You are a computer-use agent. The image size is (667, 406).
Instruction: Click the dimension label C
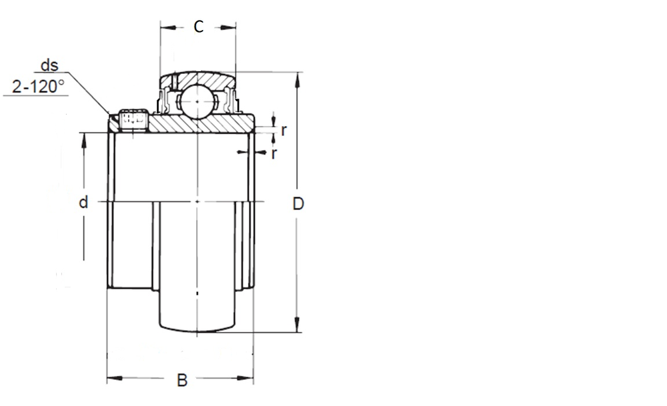pos(199,27)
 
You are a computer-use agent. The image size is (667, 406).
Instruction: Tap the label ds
pos(49,65)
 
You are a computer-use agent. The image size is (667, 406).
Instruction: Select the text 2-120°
pos(38,87)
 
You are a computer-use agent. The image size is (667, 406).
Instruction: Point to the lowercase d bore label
pos(83,203)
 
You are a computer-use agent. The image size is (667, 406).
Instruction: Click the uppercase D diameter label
pos(298,204)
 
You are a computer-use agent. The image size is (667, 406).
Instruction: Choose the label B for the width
pos(182,380)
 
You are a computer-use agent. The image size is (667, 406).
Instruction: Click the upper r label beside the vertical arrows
pos(283,130)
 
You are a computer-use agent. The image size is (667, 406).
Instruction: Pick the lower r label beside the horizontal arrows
pos(273,153)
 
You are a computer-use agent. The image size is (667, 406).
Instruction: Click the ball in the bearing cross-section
pos(197,101)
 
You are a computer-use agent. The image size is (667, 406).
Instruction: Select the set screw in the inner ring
pos(133,119)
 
